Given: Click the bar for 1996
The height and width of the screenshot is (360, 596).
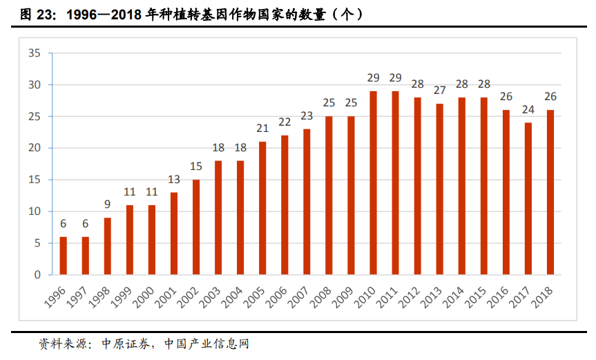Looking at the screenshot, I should [x=63, y=256].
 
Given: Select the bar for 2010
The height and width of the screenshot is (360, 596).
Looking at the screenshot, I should [x=373, y=183].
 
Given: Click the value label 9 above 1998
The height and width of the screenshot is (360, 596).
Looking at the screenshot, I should [x=107, y=205].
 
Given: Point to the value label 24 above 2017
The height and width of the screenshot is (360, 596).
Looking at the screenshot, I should [x=528, y=109].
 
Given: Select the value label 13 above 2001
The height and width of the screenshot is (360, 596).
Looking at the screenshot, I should [x=173, y=179].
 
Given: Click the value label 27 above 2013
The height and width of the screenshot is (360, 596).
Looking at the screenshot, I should [x=439, y=91].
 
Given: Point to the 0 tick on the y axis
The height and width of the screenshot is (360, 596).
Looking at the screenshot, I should [x=38, y=274].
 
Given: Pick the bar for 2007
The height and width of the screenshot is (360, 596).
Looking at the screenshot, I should [x=307, y=202].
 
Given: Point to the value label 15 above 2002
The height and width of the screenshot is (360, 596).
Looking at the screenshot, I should [x=195, y=167].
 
